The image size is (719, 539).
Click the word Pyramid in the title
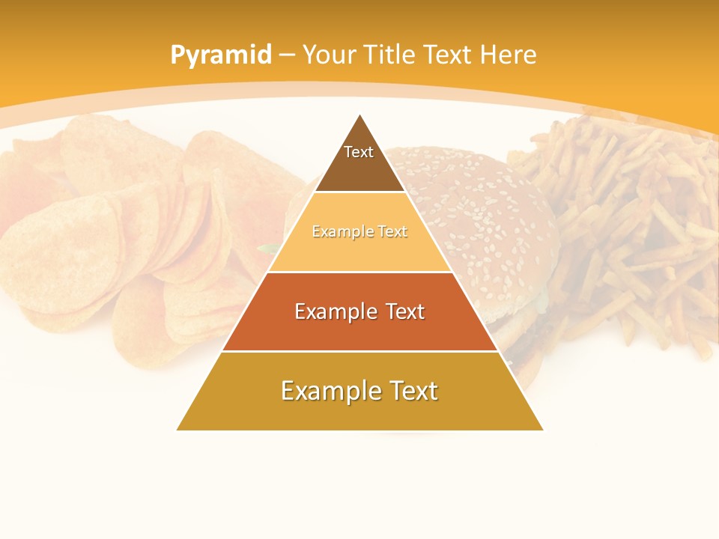click(220, 55)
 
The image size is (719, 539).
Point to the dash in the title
click(286, 55)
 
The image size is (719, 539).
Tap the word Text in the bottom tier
click(412, 391)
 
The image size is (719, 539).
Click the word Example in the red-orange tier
click(335, 311)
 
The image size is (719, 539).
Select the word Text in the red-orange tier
click(404, 311)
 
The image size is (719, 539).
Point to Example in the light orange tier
click(341, 232)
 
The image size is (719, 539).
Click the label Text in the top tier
click(359, 152)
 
